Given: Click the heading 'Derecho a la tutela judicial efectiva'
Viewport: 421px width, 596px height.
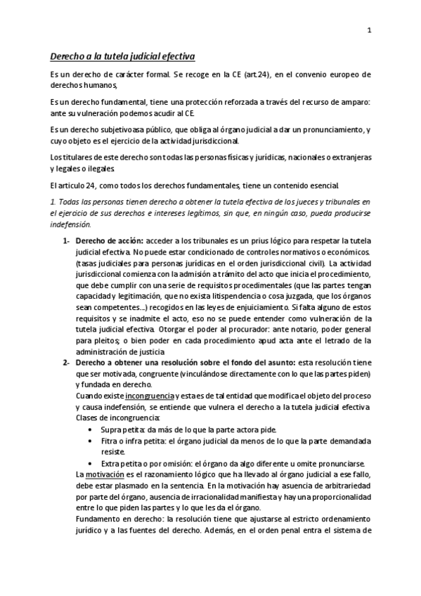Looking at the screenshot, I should [122, 56].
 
